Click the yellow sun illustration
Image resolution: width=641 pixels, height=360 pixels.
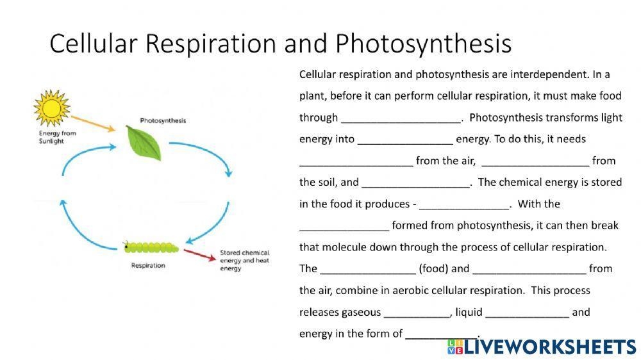[x=51, y=108]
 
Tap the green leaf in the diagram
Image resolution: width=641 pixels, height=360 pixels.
[x=144, y=142]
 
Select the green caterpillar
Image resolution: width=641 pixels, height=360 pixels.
[x=152, y=247]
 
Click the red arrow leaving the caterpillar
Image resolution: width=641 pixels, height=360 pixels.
[x=200, y=255]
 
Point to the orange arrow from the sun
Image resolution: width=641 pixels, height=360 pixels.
[x=94, y=123]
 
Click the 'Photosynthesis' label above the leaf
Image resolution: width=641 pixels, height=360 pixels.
[x=163, y=120]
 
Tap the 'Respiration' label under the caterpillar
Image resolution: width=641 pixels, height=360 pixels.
[x=148, y=265]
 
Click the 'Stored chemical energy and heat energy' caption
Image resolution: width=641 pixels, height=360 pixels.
[x=244, y=260]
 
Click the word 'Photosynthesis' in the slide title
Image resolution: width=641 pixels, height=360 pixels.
[x=423, y=44]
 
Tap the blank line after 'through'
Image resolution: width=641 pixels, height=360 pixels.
[x=401, y=119]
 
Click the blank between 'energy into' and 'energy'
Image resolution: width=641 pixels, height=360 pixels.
[x=404, y=141]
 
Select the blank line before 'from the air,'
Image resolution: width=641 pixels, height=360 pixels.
[x=356, y=163]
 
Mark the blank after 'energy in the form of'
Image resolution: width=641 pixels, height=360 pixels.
[x=442, y=335]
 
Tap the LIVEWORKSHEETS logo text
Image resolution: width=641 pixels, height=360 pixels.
[x=549, y=347]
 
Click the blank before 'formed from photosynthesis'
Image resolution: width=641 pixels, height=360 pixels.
[x=344, y=227]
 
